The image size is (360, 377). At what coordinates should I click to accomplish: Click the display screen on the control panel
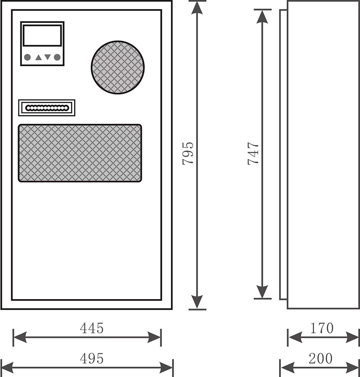click(x=42, y=35)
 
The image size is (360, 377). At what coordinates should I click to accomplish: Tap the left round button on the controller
click(x=27, y=57)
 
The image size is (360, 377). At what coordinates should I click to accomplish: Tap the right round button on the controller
click(x=57, y=57)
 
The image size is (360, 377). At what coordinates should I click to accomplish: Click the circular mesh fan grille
click(x=117, y=68)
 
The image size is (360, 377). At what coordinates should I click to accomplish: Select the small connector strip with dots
click(x=46, y=108)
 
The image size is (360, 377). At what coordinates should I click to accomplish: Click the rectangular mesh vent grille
click(x=80, y=153)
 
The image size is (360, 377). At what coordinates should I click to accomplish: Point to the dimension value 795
click(x=189, y=153)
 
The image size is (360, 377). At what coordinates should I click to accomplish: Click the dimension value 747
click(x=253, y=153)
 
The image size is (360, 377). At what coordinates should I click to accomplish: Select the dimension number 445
click(x=92, y=328)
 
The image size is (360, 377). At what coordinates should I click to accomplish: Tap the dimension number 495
click(x=92, y=359)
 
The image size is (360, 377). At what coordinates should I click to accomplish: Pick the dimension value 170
click(x=322, y=328)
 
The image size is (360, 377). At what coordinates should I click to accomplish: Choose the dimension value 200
click(x=320, y=359)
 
